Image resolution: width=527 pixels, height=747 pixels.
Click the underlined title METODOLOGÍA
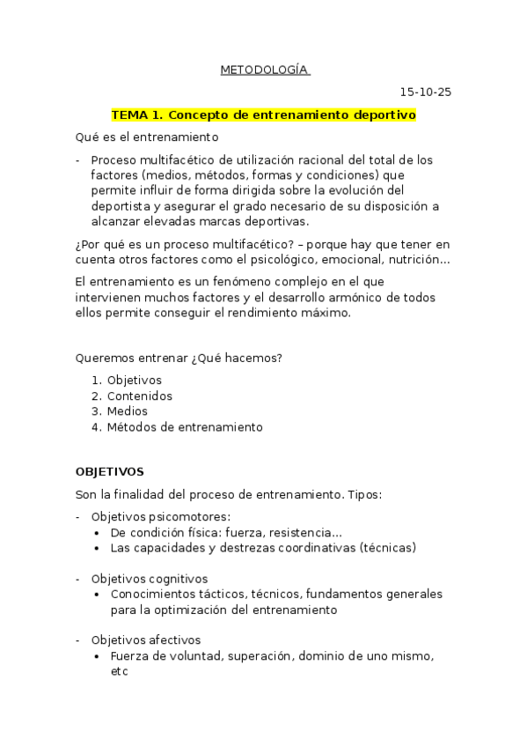pyautogui.click(x=264, y=70)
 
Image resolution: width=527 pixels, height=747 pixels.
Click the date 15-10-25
pyautogui.click(x=426, y=92)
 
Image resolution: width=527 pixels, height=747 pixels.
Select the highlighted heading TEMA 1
pyautogui.click(x=263, y=115)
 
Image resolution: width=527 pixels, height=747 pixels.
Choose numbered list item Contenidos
pyautogui.click(x=140, y=396)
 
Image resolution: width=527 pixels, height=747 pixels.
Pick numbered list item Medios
pyautogui.click(x=128, y=411)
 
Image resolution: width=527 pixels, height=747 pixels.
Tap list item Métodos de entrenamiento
pyautogui.click(x=185, y=427)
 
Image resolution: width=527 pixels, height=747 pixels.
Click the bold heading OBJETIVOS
pyautogui.click(x=110, y=471)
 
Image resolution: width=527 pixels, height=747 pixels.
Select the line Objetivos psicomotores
pyautogui.click(x=161, y=517)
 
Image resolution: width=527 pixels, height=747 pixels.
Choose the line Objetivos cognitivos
pyautogui.click(x=150, y=579)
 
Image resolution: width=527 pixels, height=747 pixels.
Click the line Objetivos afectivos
pyautogui.click(x=146, y=640)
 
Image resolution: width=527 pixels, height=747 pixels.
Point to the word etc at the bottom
pyautogui.click(x=120, y=671)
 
